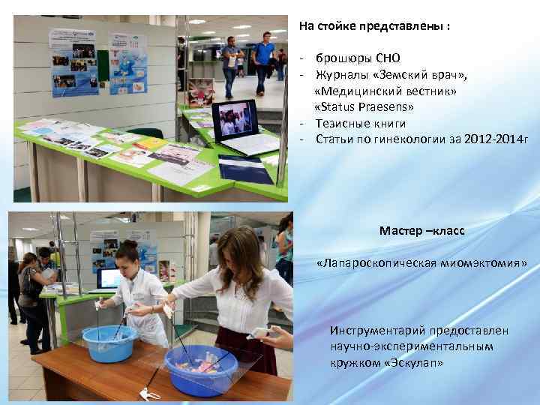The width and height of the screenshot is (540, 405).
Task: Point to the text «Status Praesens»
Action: (364, 107)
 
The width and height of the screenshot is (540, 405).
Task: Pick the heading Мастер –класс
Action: (421, 230)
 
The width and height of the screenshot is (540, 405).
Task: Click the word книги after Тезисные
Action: (388, 123)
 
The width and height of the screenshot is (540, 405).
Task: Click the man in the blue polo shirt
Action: (262, 61)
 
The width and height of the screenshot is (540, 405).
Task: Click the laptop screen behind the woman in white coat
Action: (109, 279)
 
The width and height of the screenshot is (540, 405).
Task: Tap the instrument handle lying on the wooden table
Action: (147, 390)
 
